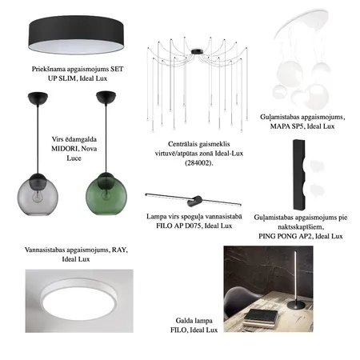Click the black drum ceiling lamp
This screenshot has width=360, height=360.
pyautogui.click(x=76, y=35)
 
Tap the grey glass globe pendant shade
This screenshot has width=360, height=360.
pyautogui.click(x=38, y=195)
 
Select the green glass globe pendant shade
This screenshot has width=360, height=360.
pyautogui.click(x=106, y=194)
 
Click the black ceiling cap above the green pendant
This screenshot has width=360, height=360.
pyautogui.click(x=106, y=97)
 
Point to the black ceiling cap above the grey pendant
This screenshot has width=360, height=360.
pyautogui.click(x=38, y=98)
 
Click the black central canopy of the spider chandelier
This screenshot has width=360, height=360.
pyautogui.click(x=197, y=51)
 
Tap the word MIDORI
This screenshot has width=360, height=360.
pyautogui.click(x=65, y=149)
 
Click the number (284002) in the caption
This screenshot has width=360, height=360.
pyautogui.click(x=199, y=163)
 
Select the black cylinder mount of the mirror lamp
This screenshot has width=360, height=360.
pyautogui.click(x=194, y=201)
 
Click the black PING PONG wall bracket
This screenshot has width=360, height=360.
pyautogui.click(x=299, y=174)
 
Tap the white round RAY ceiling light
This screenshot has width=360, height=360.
pyautogui.click(x=78, y=300)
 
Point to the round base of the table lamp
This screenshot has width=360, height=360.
pyautogui.click(x=296, y=305)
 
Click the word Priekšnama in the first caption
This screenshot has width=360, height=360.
pyautogui.click(x=49, y=69)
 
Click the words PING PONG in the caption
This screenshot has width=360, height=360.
pyautogui.click(x=278, y=236)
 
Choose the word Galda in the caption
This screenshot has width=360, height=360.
pyautogui.click(x=184, y=321)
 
